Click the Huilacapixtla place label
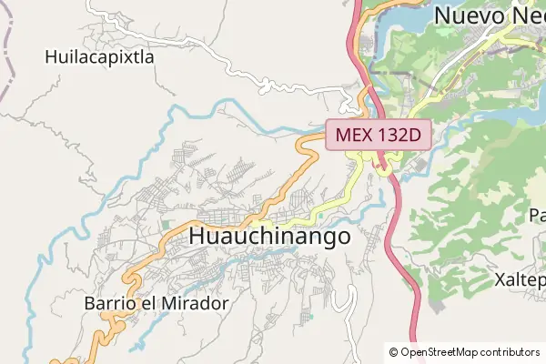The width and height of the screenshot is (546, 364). [x=99, y=56]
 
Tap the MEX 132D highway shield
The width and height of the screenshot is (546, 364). [x=378, y=136]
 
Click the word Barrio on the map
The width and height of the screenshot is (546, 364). [x=109, y=302]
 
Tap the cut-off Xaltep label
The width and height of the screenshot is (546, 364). [x=520, y=278]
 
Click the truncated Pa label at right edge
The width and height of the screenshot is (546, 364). [x=537, y=216]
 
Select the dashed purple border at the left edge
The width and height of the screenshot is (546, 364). [x=6, y=55]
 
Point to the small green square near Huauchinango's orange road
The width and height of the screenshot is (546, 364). [x=166, y=223]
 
